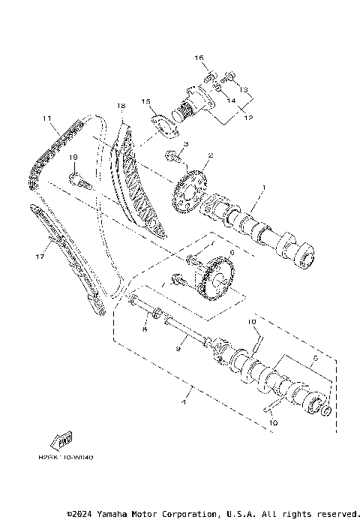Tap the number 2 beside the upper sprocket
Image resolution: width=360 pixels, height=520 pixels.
click(211, 156)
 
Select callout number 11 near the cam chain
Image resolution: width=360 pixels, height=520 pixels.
click(46, 119)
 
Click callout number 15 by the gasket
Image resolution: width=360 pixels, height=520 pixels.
click(146, 101)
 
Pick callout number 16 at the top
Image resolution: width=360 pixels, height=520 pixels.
click(199, 58)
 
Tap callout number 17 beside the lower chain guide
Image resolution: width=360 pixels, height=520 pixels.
click(40, 256)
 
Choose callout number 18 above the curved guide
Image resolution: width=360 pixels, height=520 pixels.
click(120, 106)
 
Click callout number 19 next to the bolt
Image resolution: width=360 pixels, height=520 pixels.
click(75, 158)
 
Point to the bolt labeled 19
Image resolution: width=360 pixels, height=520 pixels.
click(80, 179)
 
